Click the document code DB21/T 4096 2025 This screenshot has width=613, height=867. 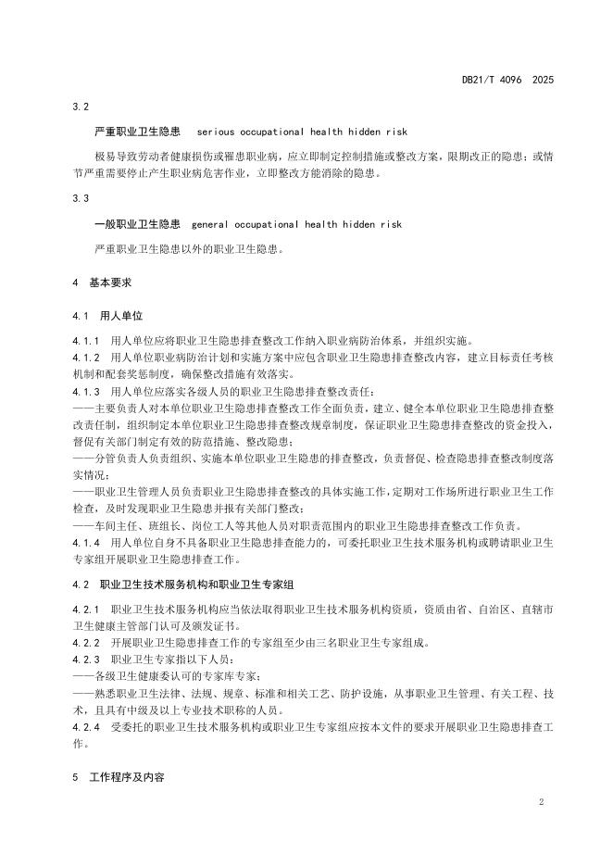507,81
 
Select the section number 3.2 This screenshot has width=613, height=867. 81,107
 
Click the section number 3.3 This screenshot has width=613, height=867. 81,199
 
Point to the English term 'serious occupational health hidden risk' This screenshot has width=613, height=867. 302,132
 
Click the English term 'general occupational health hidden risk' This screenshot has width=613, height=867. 296,224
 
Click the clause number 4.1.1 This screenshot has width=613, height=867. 86,341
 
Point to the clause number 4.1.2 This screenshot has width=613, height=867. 86,358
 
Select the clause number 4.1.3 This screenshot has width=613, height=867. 86,392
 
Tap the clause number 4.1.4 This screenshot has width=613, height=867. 86,542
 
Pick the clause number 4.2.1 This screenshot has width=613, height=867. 86,609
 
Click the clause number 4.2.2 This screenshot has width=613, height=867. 86,643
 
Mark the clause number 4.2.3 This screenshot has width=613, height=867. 86,660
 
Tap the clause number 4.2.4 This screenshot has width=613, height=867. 86,727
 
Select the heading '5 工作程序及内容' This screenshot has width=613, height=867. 119,778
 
